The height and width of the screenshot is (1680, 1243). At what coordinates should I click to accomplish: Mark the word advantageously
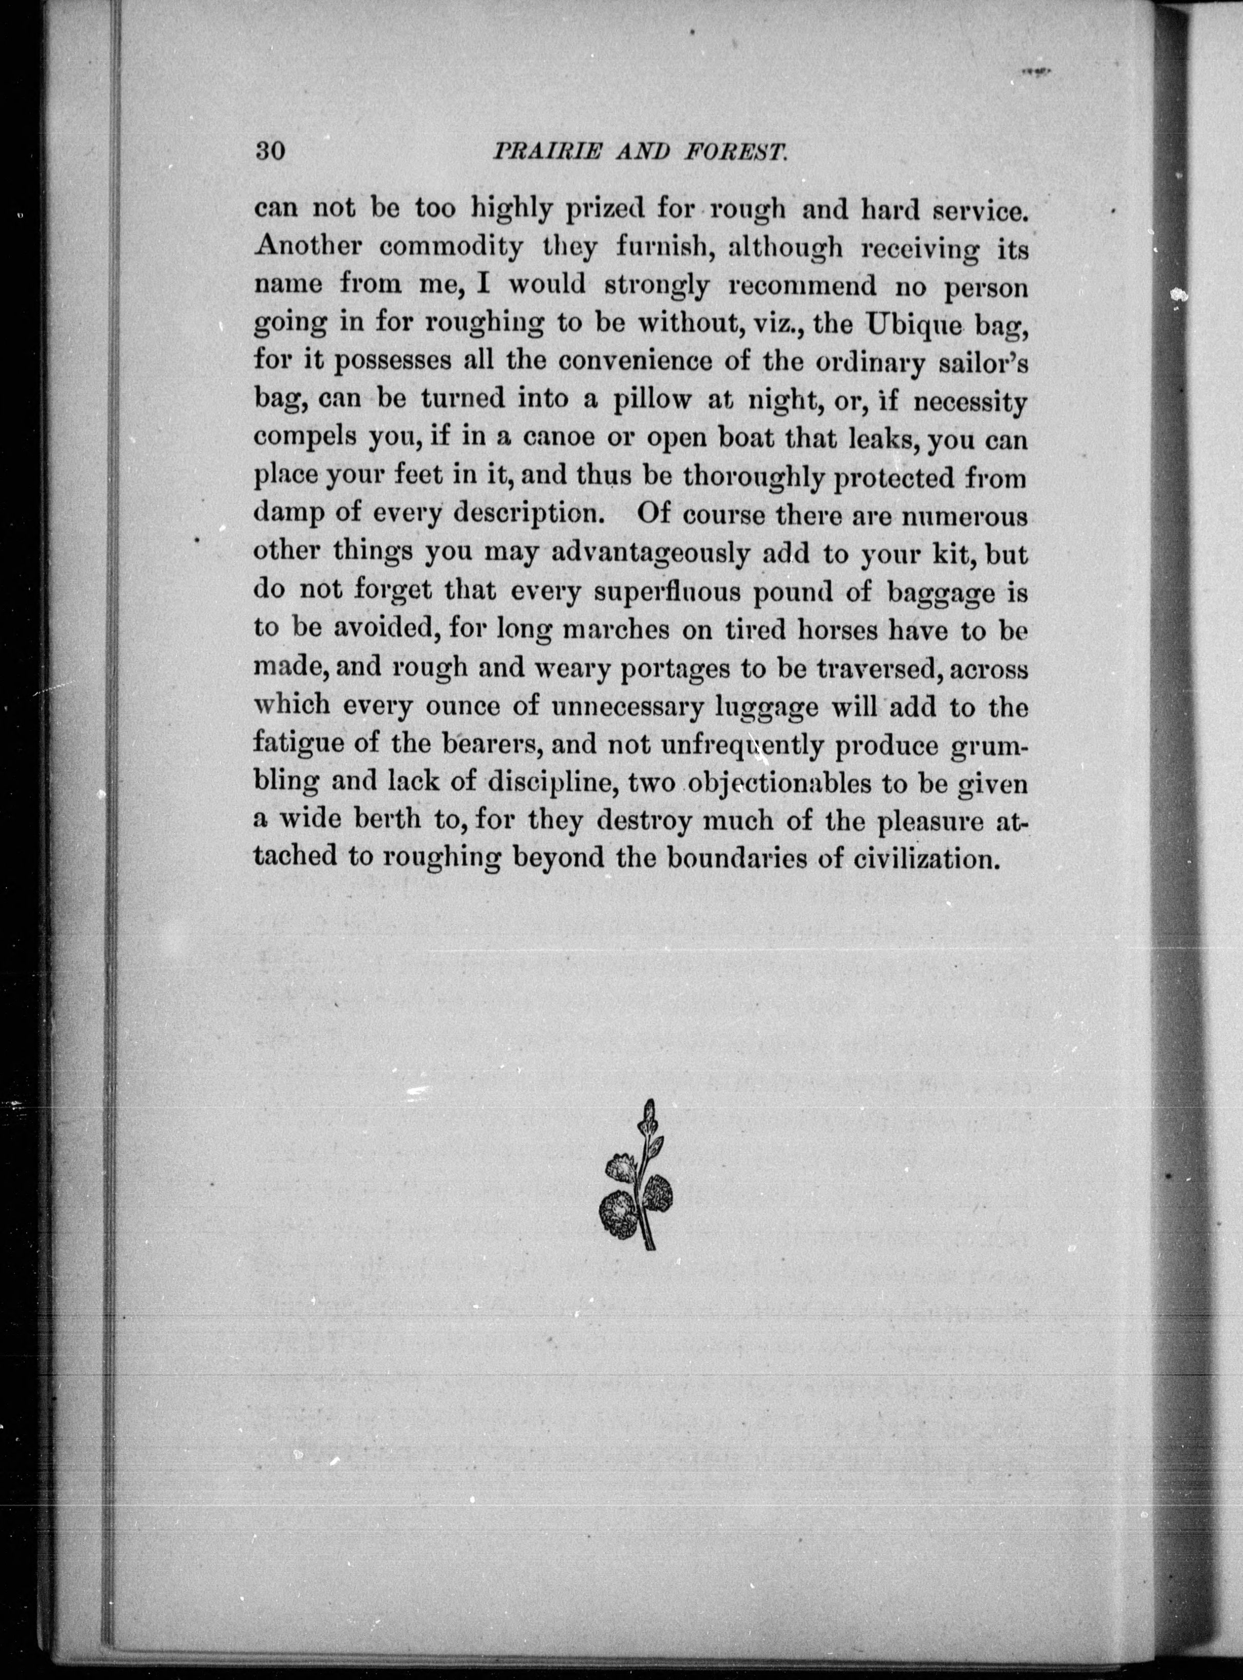651,554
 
